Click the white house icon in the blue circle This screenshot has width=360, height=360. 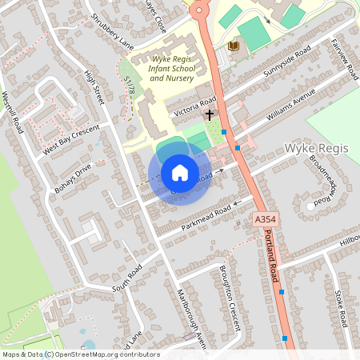coord(180,172)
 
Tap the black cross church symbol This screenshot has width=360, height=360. coord(210,114)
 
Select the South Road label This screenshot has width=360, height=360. coord(127,277)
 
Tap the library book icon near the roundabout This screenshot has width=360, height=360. coord(233,46)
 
